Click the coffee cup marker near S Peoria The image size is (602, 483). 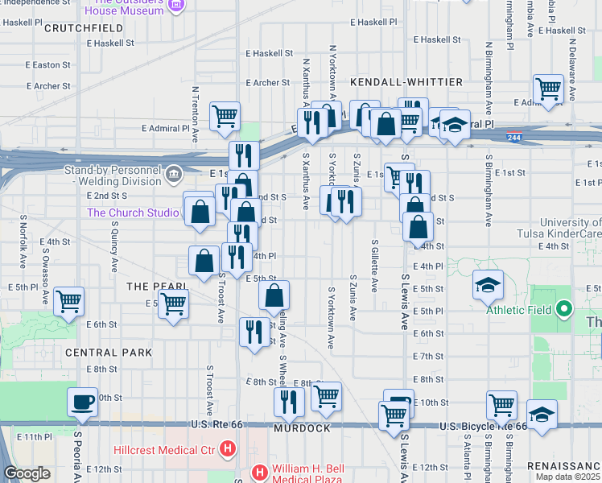pos(82,402)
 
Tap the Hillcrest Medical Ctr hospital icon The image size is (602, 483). pos(229,448)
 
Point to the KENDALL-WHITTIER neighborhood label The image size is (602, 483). pos(406,82)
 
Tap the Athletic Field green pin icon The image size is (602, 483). pos(564,308)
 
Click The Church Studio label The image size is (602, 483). pos(133,213)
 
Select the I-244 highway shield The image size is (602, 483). pos(513,138)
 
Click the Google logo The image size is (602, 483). pos(27,473)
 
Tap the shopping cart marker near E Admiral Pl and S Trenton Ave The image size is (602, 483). pos(225,115)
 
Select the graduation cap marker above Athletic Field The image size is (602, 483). pos(487,285)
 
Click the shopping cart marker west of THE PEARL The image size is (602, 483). pos(68,301)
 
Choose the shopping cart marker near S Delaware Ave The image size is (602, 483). pos(548,89)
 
